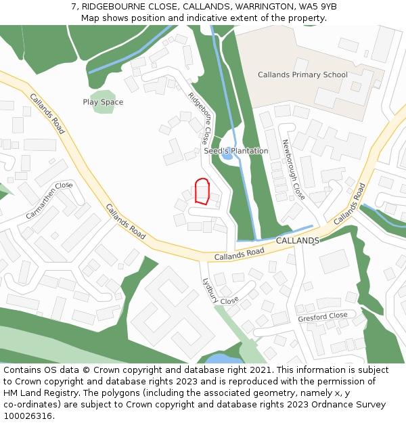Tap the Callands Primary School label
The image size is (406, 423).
coord(302,75)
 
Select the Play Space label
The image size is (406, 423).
coord(103,102)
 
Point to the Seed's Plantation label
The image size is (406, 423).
coord(236,151)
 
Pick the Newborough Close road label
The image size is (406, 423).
coord(294,169)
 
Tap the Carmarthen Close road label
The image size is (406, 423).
coord(49,200)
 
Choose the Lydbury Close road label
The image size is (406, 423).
coord(220,292)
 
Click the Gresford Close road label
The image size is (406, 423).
coord(323,317)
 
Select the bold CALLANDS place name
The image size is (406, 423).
coord(298,241)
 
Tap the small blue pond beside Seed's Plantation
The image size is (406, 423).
coord(228,156)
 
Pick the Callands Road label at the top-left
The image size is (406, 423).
coord(47,113)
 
